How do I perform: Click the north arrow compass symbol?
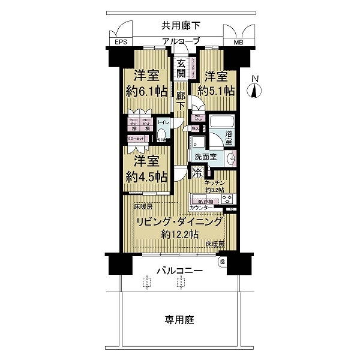pyautogui.click(x=255, y=89)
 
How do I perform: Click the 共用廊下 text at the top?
pyautogui.click(x=180, y=25)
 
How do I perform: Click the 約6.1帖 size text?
pyautogui.click(x=146, y=91)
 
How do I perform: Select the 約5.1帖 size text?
pyautogui.click(x=214, y=91)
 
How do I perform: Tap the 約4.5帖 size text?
pyautogui.click(x=146, y=176)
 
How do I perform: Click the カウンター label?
pyautogui.click(x=201, y=208)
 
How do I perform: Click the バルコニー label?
pyautogui.click(x=179, y=270)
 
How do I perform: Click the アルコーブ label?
pyautogui.click(x=179, y=41)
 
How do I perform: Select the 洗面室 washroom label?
pyautogui.click(x=205, y=157)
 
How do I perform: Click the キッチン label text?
pyautogui.click(x=214, y=182)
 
